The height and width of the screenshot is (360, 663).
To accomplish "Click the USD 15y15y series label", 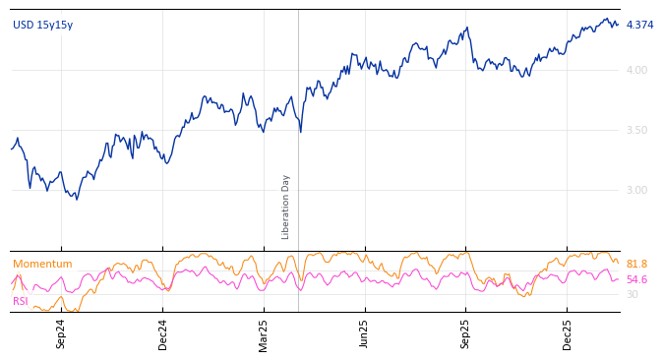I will pos(42,25).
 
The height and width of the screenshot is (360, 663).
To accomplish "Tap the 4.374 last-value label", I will pos(639,25).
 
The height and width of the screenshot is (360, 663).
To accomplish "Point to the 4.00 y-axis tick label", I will pos(636,70).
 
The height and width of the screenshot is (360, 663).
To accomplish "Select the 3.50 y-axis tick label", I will pos(636,130).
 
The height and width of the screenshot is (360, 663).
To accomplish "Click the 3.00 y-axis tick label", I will pos(636,190).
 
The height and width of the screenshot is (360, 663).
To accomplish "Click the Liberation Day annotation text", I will pos(286,207).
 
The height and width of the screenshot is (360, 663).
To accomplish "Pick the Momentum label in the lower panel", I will pos(42,264).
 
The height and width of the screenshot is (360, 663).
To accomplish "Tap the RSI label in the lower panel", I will pos(21,301).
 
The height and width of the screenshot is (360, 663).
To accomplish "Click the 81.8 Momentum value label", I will pos(636,264).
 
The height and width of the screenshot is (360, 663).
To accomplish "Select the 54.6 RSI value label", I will pos(636,279).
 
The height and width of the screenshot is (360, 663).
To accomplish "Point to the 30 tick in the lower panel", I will pos(632,294).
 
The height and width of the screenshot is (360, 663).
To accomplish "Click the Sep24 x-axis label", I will pos(61,333).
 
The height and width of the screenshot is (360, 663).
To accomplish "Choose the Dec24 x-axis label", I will pos(163,333).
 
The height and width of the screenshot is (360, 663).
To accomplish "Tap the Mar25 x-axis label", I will pos(264,333).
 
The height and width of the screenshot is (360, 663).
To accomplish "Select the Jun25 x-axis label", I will pos(365,333).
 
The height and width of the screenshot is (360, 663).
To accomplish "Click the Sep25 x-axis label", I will pos(466,333).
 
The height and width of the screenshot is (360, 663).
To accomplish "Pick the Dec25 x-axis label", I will pos(568,333).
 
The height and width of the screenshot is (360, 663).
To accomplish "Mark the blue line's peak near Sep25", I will pos(467,28).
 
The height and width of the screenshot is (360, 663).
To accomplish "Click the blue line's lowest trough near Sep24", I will pos(77,200).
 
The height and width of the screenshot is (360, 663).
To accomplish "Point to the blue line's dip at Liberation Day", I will pos(300,132).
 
